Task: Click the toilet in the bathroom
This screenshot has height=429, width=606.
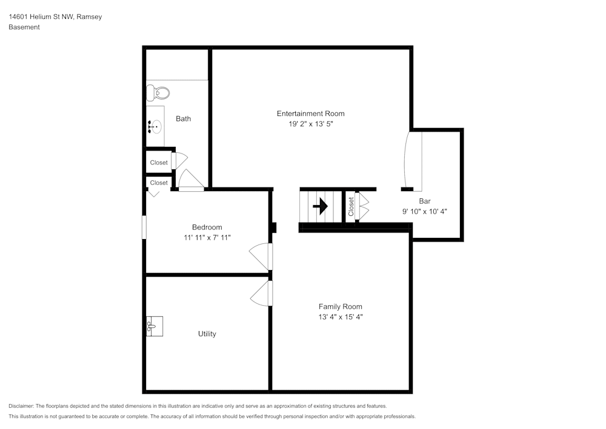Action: coord(158,93)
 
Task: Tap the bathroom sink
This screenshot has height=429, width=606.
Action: coord(155,127)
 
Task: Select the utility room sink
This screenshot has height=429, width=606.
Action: coord(154,327)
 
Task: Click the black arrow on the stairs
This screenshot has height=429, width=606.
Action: coord(320,206)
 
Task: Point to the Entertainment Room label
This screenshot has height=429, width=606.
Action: coord(310,113)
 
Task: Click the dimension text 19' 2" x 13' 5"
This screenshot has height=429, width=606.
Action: coord(310,124)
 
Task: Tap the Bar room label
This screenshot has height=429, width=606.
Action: coord(424,201)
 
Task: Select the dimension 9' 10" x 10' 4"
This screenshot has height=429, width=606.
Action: coord(424,211)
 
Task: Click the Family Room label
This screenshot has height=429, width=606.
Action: coord(340,306)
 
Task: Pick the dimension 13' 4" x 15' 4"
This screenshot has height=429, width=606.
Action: coord(340,317)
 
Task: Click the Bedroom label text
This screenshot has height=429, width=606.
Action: coord(207,227)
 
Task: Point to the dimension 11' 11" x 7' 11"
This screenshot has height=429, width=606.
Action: coord(207,237)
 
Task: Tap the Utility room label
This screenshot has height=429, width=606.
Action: coord(207,334)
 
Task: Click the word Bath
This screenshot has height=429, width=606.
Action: coord(183,118)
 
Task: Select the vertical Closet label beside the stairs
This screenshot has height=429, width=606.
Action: coord(351,206)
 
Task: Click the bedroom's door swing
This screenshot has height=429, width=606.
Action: coord(261,255)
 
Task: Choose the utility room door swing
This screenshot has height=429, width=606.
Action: coord(261,293)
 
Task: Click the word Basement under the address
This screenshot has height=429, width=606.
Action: coord(24,27)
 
